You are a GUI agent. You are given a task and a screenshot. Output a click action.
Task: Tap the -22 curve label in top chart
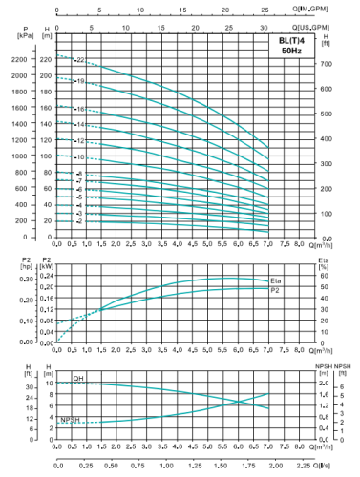click(79, 60)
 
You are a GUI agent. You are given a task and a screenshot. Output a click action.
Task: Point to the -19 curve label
click(79, 82)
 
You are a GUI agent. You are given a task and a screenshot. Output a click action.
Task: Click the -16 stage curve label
click(79, 109)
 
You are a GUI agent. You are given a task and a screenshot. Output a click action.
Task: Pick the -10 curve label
click(79, 156)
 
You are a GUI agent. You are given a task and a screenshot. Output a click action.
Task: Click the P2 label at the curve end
click(276, 289)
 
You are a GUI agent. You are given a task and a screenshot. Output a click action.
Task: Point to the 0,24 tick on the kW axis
click(44, 276)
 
